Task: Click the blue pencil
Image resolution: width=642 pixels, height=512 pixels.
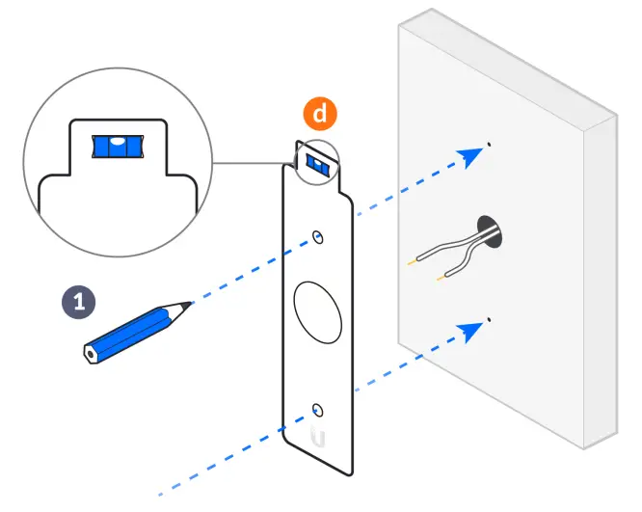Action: point(135,330)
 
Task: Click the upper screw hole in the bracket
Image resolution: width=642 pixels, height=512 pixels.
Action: point(318,235)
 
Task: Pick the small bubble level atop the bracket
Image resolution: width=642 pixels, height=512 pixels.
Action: point(317,163)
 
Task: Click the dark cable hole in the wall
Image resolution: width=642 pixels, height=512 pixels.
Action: point(491,230)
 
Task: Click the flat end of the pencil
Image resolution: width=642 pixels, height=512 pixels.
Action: point(91,353)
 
